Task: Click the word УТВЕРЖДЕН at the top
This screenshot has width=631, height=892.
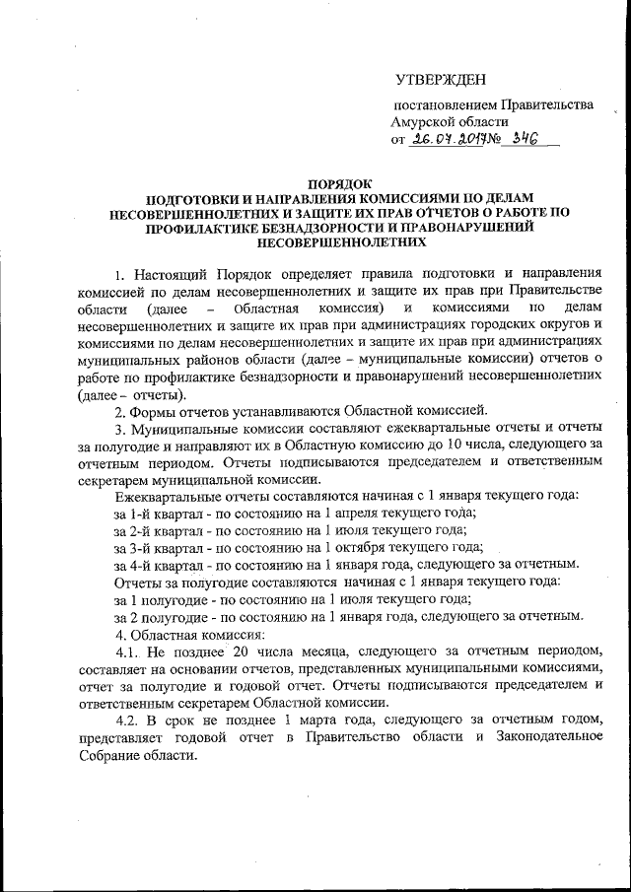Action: tap(440, 78)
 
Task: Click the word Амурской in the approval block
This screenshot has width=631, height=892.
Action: tap(427, 121)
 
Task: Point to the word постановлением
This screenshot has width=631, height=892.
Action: tap(444, 103)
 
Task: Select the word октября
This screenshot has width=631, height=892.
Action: tap(353, 546)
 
